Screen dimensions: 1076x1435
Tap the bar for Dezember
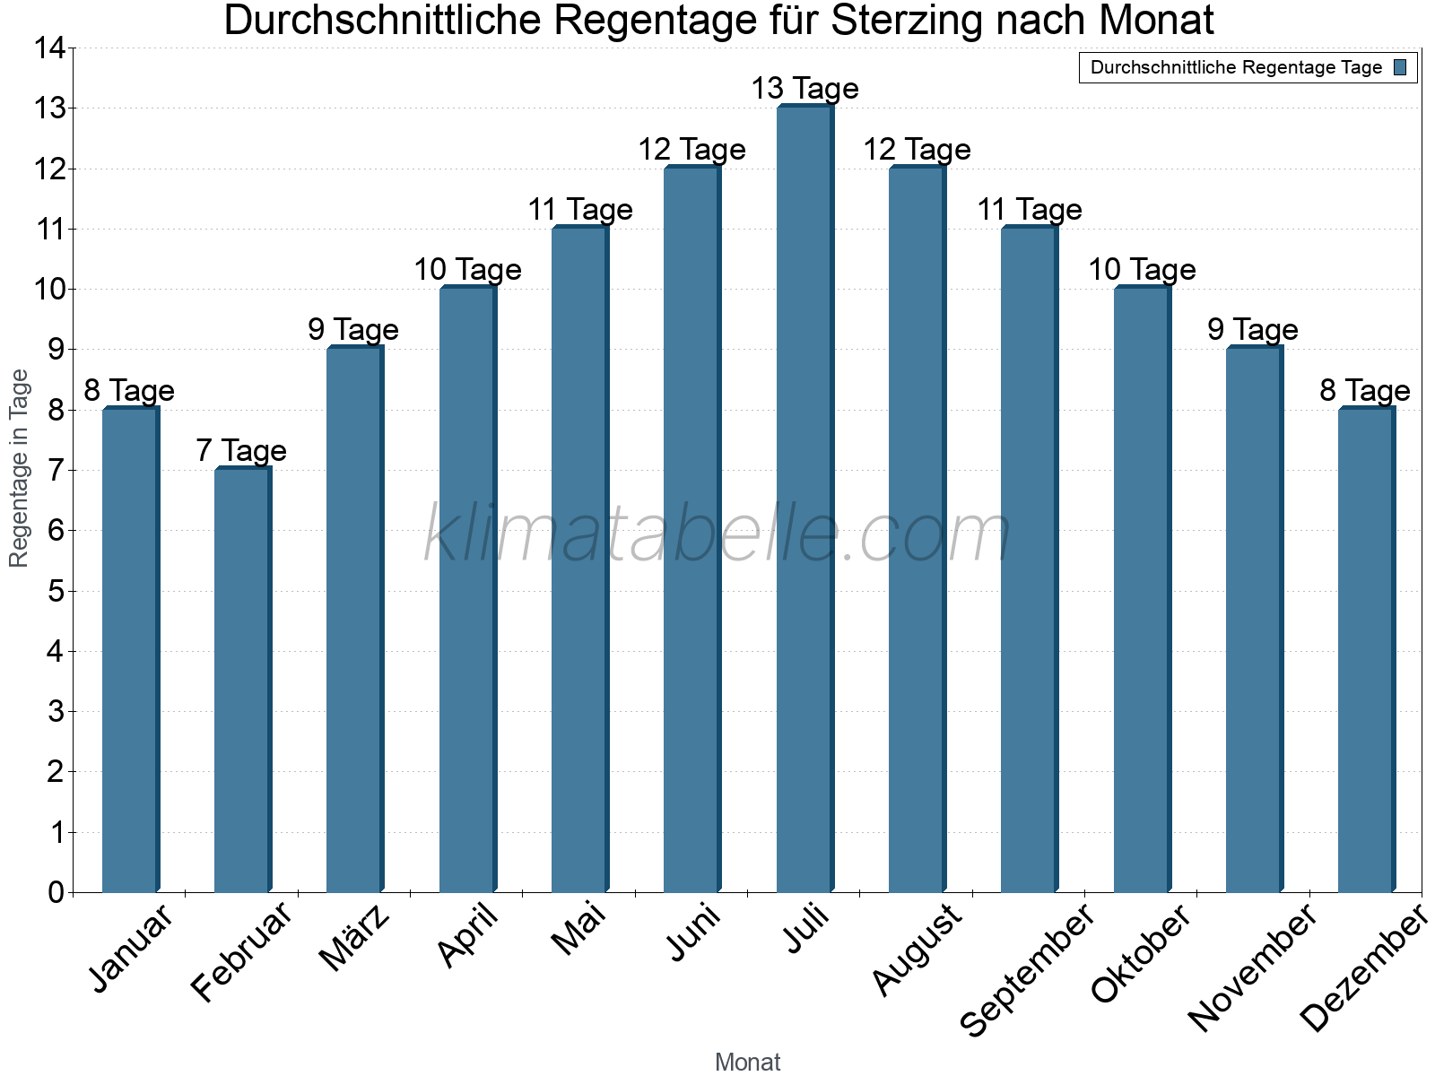1366,649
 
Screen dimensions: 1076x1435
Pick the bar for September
1029,560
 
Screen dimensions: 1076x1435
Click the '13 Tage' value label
804,89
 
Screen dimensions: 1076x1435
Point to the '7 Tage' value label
241,450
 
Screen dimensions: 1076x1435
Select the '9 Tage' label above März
353,329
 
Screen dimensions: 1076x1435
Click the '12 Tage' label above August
917,149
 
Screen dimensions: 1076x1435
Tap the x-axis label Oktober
1141,954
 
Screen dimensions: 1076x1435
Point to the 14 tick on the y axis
49,48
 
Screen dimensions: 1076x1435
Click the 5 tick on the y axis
56,591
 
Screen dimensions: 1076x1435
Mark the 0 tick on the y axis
56,892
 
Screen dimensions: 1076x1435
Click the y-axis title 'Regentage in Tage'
19,468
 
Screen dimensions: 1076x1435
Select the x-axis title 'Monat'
747,1062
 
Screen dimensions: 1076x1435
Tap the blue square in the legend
1401,67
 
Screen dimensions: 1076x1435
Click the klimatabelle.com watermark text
717,534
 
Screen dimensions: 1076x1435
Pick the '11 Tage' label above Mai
580,209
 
